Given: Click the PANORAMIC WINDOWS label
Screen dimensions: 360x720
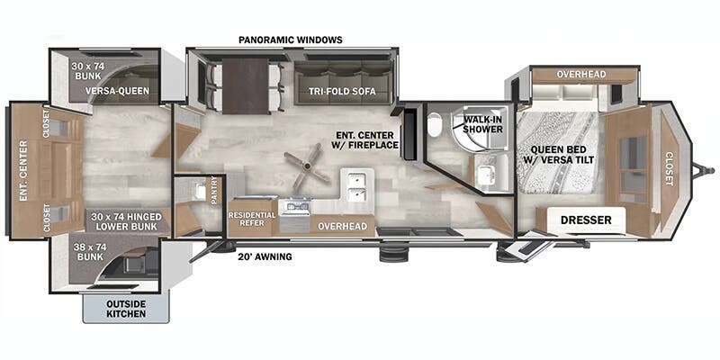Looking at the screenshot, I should click(291, 40).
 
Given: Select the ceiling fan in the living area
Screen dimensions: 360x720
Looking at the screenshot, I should click(300, 166).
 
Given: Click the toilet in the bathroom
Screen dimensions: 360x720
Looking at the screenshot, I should click(436, 129).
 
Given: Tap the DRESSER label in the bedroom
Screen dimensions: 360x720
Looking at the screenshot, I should click(580, 220).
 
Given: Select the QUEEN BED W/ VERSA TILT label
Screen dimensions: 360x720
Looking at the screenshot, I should click(559, 156).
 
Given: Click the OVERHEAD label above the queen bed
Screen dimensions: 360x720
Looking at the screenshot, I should click(580, 74).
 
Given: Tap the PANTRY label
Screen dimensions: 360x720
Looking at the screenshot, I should click(214, 190).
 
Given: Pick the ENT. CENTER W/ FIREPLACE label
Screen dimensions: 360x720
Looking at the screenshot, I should click(365, 139).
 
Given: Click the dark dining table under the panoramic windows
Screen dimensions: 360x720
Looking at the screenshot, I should click(246, 85).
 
